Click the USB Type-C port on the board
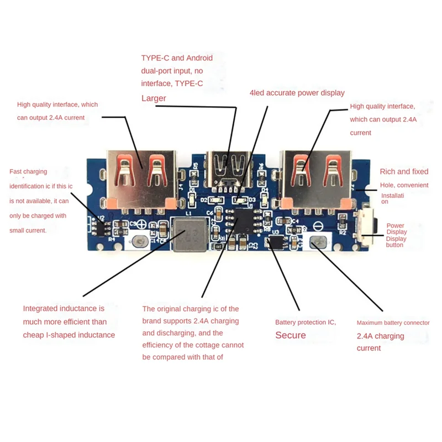click(x=229, y=166)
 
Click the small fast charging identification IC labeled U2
click(x=101, y=224)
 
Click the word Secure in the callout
click(x=291, y=335)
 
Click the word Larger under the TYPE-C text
click(x=154, y=98)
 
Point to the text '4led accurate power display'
click(x=297, y=93)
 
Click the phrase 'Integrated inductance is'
click(x=64, y=308)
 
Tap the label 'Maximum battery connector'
click(x=393, y=323)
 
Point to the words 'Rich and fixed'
click(x=404, y=172)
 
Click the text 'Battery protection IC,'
click(x=306, y=322)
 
